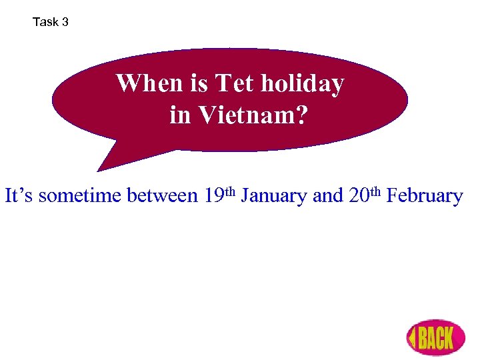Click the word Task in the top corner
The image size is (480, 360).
pos(45,22)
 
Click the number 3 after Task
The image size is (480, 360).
pos(65,22)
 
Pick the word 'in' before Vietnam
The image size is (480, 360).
pos(179,115)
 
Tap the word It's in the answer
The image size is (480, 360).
pos(19,196)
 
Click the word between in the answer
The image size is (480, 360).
pos(162,196)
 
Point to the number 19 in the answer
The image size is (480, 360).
pos(215,196)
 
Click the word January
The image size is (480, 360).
pos(274,196)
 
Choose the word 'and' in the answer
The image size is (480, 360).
pos(327,196)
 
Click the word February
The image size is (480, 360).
pos(424,196)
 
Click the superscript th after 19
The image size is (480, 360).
pos(231,191)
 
